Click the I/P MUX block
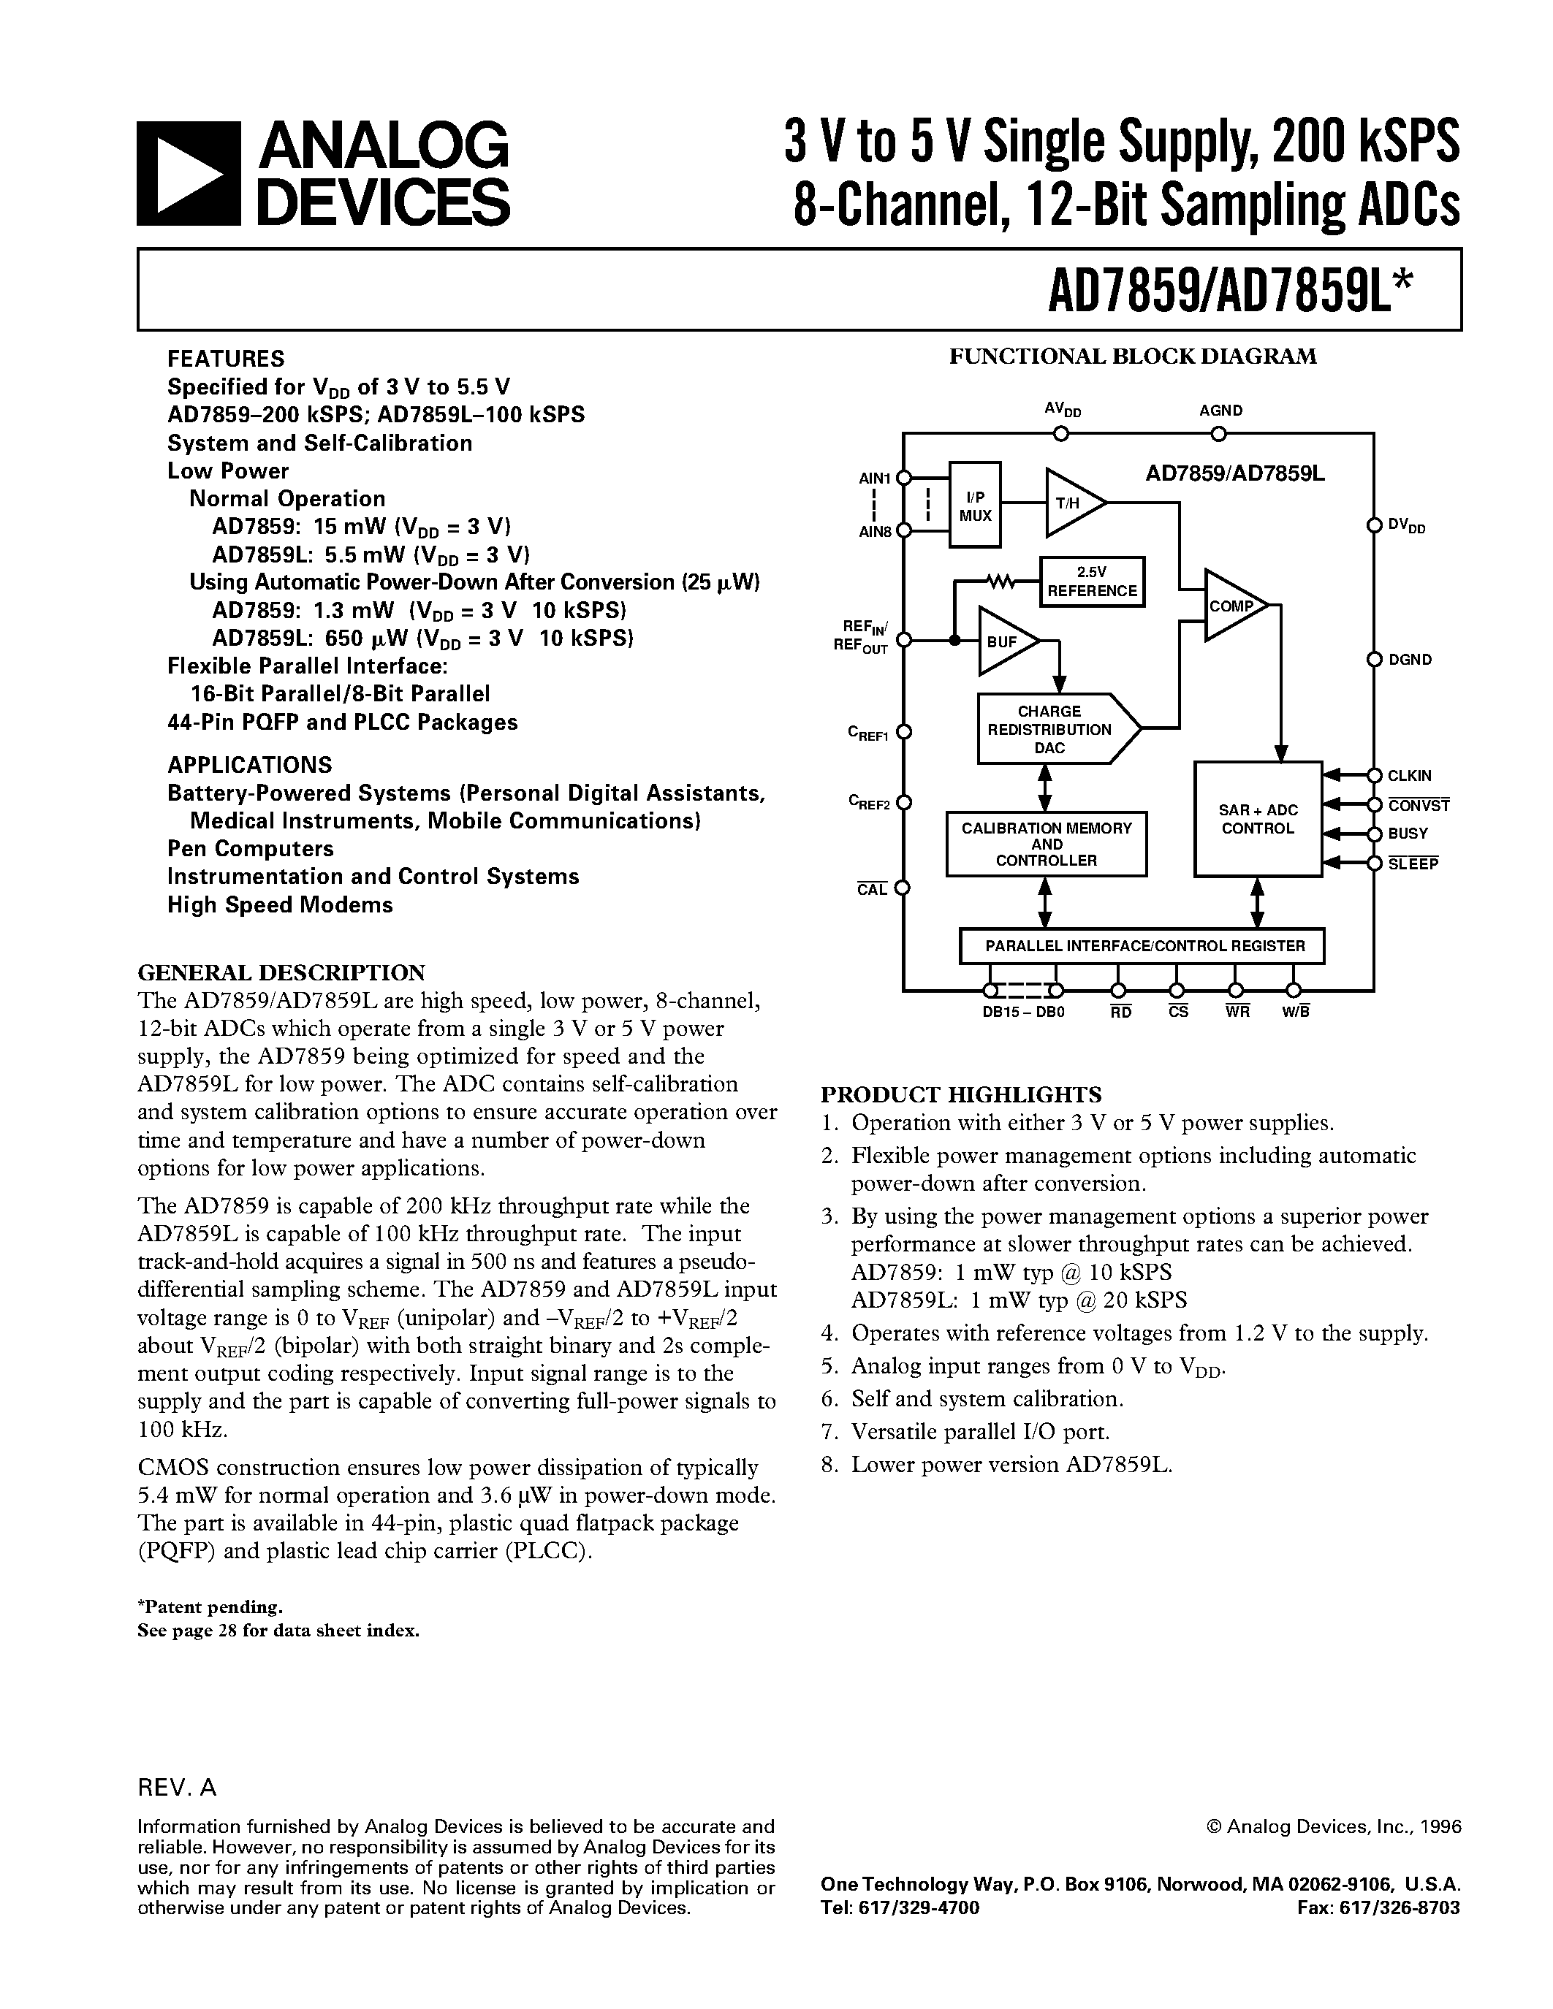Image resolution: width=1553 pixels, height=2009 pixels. (974, 505)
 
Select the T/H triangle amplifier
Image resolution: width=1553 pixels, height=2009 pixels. (1072, 503)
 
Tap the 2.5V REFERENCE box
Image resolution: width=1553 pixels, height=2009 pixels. (1092, 582)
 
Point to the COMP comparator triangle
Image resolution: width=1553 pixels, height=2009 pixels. (1234, 606)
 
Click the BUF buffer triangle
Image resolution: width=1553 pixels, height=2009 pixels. (1005, 641)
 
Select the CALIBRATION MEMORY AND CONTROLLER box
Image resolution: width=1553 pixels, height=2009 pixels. (1046, 844)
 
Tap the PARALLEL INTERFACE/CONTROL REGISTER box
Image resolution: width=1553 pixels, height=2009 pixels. (1141, 945)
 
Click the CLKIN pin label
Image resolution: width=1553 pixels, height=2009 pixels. (1410, 775)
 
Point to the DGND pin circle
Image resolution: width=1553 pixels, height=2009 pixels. (1374, 660)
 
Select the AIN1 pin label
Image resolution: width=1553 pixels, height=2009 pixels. (875, 479)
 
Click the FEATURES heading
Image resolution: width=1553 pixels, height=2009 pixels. (225, 359)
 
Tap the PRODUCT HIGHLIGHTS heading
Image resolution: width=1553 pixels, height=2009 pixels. (960, 1094)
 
